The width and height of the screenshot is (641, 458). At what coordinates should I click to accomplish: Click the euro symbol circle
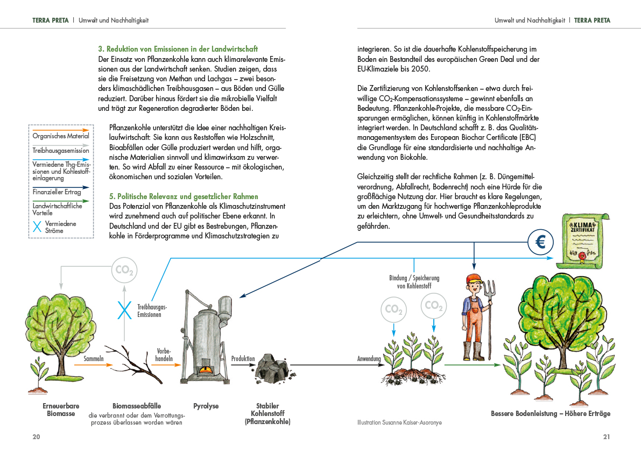click(540, 243)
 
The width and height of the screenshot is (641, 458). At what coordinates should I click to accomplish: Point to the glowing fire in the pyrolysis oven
click(205, 370)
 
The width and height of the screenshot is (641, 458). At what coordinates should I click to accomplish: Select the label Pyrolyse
click(206, 406)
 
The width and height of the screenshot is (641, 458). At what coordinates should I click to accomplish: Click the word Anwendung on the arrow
click(369, 359)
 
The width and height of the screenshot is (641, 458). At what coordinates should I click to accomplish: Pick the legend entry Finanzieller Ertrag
click(57, 192)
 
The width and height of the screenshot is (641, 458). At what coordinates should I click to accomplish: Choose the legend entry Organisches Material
click(61, 136)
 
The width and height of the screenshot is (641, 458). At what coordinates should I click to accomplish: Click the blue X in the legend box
click(37, 227)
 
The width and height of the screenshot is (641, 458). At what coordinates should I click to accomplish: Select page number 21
click(607, 436)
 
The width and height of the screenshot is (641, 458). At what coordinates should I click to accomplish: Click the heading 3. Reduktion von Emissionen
click(178, 49)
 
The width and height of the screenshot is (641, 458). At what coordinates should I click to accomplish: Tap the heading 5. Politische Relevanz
click(184, 197)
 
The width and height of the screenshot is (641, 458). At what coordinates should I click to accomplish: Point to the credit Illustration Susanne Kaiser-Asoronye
click(399, 422)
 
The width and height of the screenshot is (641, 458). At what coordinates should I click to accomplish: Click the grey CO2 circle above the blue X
click(124, 270)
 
